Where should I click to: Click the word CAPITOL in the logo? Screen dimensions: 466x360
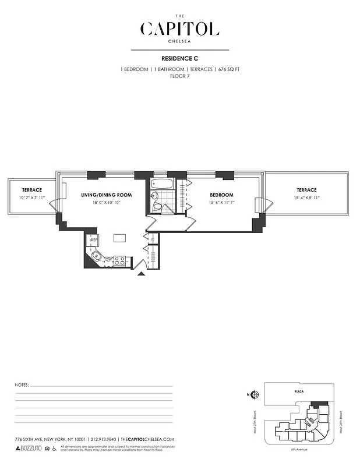179,29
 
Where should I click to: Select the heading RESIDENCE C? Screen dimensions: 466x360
179,59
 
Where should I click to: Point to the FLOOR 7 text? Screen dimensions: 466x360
179,76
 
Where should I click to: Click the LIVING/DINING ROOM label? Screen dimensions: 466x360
107,195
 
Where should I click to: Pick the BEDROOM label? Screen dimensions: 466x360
221,195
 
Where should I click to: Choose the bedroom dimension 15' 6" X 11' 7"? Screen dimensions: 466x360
221,202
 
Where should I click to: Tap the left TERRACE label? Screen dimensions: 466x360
31,190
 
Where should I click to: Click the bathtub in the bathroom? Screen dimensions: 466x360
160,186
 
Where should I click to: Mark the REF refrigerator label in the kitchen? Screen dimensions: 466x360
93,239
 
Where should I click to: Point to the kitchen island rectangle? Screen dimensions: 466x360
120,238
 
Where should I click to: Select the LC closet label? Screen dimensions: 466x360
152,239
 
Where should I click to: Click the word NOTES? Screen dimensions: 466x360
21,386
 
